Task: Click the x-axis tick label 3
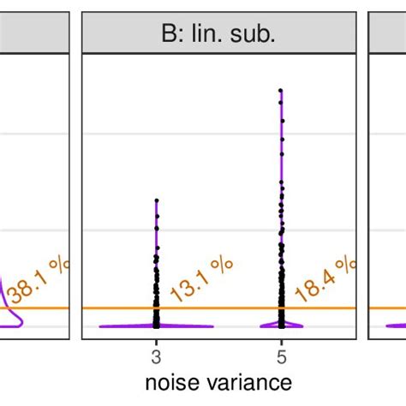pyautogui.click(x=156, y=355)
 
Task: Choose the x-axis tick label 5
pyautogui.click(x=281, y=355)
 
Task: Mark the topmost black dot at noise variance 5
pyautogui.click(x=281, y=89)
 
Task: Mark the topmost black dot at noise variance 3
pyautogui.click(x=156, y=200)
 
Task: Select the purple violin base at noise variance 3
pyautogui.click(x=156, y=325)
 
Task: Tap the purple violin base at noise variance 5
pyautogui.click(x=281, y=325)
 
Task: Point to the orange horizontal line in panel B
pyautogui.click(x=218, y=307)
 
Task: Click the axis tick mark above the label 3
pyautogui.click(x=156, y=343)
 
